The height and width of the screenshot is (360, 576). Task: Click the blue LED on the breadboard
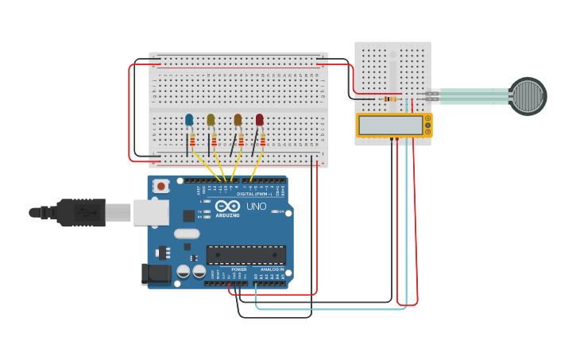[189, 120]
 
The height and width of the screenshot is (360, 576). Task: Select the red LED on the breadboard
[260, 120]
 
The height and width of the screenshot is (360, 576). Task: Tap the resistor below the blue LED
[192, 140]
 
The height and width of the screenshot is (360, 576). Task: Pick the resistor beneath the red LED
[263, 140]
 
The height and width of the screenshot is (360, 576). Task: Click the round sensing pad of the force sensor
[528, 95]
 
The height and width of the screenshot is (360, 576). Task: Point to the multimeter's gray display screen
[391, 125]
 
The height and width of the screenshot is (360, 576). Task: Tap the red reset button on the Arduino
[161, 187]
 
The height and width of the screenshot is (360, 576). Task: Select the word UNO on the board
[257, 206]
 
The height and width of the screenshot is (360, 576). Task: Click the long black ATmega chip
[245, 254]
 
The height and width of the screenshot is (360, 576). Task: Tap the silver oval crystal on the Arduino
[186, 234]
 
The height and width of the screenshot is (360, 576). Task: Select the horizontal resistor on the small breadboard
[390, 99]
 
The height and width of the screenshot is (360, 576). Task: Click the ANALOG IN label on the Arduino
[272, 269]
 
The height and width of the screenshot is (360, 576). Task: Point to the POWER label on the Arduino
[239, 269]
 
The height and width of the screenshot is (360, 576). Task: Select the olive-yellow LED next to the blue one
[211, 120]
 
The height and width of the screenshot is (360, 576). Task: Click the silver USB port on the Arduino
[150, 212]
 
